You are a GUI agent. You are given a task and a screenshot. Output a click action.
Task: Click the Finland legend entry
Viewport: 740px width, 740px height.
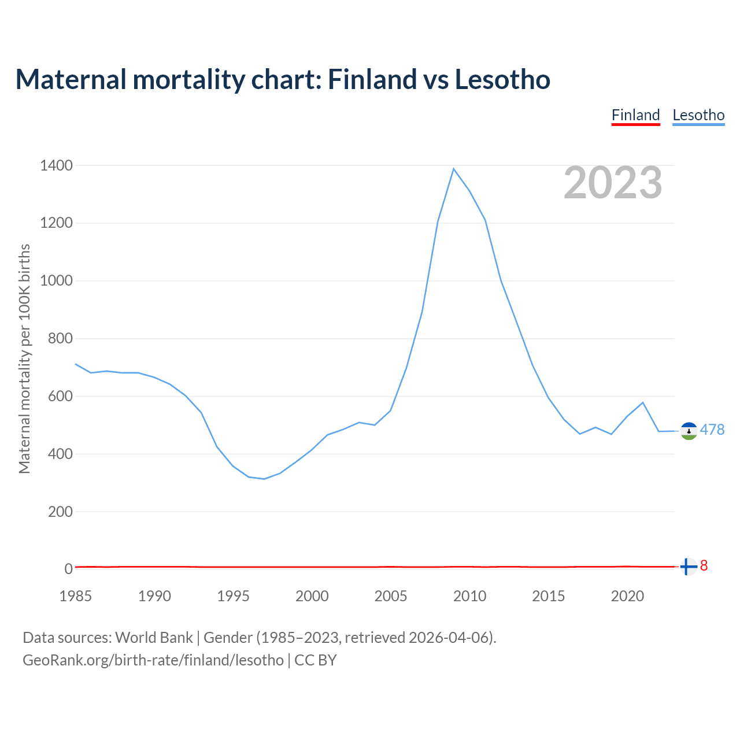click(x=635, y=115)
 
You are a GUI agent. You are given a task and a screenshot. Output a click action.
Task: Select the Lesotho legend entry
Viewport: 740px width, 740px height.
click(x=698, y=115)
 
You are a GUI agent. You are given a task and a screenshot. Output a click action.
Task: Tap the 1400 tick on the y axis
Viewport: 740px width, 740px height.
click(x=56, y=166)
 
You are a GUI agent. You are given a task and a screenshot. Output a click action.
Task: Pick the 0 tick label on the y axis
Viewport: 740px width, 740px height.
click(x=69, y=569)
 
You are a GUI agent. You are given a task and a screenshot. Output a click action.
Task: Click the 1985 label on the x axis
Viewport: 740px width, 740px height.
click(x=76, y=596)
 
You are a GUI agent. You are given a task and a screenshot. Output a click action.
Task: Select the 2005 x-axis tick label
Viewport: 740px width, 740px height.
click(x=391, y=596)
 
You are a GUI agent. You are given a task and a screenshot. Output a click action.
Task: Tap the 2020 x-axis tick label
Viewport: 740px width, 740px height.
click(x=627, y=596)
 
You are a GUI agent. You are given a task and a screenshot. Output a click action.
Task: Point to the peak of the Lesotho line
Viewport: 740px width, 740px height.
click(x=454, y=169)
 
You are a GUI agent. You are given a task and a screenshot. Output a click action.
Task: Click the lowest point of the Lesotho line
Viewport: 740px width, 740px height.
click(x=264, y=479)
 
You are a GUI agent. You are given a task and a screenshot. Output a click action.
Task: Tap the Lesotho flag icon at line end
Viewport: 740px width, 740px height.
click(x=689, y=431)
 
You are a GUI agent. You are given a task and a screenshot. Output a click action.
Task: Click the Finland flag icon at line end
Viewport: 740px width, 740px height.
click(x=688, y=567)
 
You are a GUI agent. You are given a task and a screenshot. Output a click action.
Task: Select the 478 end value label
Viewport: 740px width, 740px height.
click(x=712, y=430)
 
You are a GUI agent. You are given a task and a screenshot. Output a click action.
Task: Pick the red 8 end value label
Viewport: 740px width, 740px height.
click(x=704, y=566)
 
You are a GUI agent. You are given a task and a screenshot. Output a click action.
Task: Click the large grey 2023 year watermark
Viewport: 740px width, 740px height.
click(x=613, y=183)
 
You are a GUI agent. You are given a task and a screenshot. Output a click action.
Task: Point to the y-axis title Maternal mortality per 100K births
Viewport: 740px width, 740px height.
click(x=24, y=358)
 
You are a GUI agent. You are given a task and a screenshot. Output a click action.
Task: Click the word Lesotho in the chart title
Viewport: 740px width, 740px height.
click(x=502, y=79)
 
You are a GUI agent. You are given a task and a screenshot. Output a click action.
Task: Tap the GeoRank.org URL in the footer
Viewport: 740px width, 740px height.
click(x=153, y=660)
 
